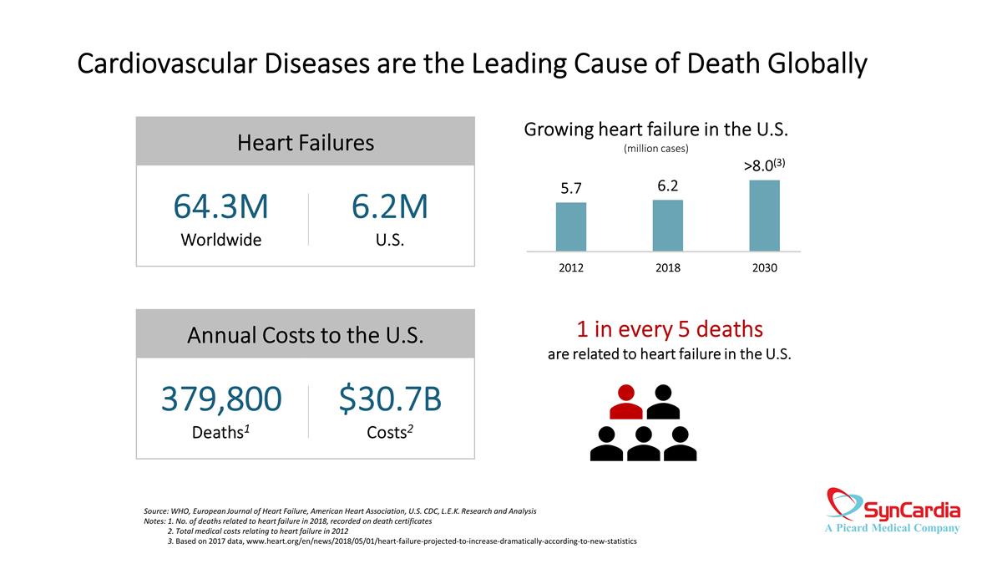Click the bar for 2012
tap(571, 226)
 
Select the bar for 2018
tap(667, 225)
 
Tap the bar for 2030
tap(764, 216)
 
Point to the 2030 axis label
tap(764, 268)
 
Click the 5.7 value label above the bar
tap(571, 189)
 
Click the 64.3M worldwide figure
tap(221, 207)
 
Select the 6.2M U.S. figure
tap(390, 207)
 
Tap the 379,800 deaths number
tap(221, 400)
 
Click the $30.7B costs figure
tap(390, 400)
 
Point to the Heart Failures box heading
tap(306, 143)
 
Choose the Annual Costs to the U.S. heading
tap(306, 336)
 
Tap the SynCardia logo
tap(893, 511)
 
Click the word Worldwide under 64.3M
tap(221, 240)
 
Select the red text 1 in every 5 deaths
tap(669, 328)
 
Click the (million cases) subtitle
tap(656, 149)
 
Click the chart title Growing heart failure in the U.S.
tap(656, 130)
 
